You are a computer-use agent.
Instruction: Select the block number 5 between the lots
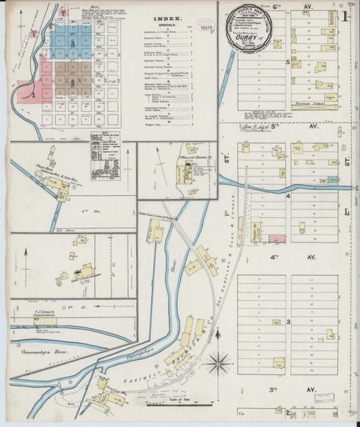click(287, 63)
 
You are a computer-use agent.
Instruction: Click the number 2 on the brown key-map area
click(73, 81)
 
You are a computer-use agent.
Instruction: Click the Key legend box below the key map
click(104, 151)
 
